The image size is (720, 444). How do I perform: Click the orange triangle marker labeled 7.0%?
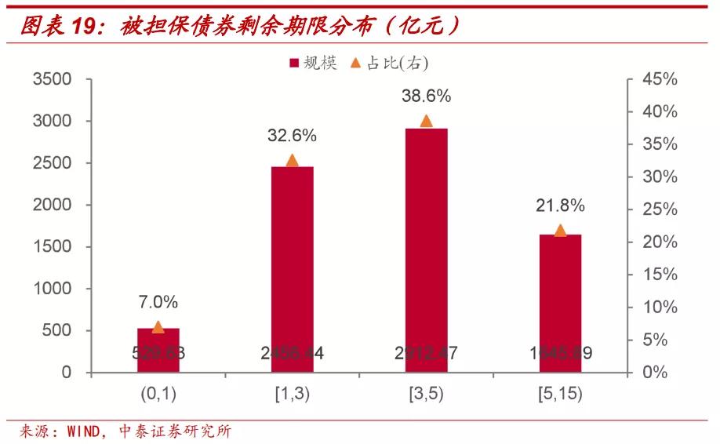(x=158, y=327)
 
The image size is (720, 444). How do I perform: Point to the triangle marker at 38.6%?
(x=426, y=121)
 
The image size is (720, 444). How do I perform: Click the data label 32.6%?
(x=292, y=135)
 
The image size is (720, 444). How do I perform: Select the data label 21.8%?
(x=560, y=206)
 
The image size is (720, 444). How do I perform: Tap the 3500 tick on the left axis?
(x=52, y=79)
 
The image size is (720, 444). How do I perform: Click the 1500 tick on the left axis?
(x=52, y=247)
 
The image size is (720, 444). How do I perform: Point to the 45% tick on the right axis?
(x=659, y=79)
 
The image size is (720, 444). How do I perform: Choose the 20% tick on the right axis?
(x=659, y=242)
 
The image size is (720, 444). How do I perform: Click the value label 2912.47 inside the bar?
(x=426, y=353)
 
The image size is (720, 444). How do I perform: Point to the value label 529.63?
(x=158, y=353)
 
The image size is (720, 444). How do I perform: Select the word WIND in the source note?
(x=84, y=431)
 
